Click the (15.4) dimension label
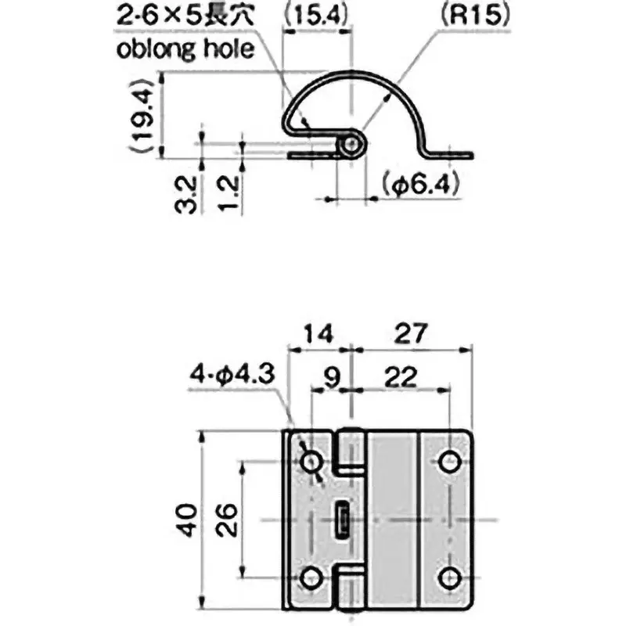pos(315,15)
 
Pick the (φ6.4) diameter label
pos(421,185)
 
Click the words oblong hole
pos(186,49)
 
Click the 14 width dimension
pos(318,334)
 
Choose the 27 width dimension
pos(410,334)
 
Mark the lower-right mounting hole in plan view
pos(448,579)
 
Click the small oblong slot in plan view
pos(342,520)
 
